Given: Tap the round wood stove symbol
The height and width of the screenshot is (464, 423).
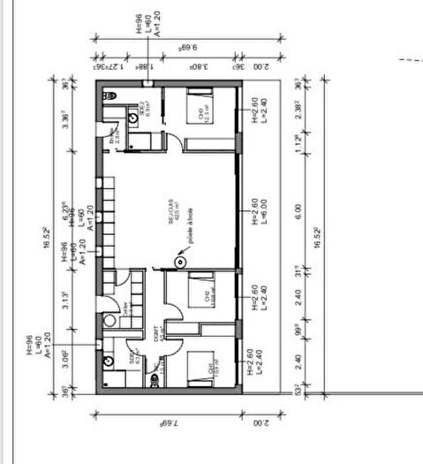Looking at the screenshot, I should [180, 260].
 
